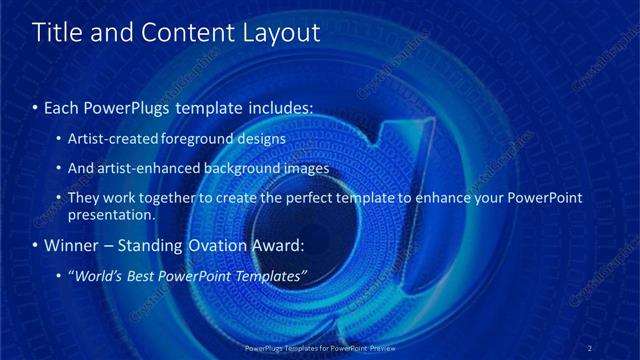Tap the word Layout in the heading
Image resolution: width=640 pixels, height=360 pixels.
coord(281,32)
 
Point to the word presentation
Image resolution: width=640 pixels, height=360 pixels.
coord(110,214)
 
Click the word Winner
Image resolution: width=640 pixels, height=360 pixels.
coord(73,244)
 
